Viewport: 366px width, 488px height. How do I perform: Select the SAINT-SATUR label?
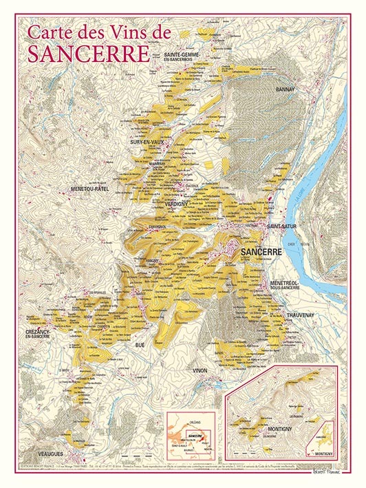click(281, 225)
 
